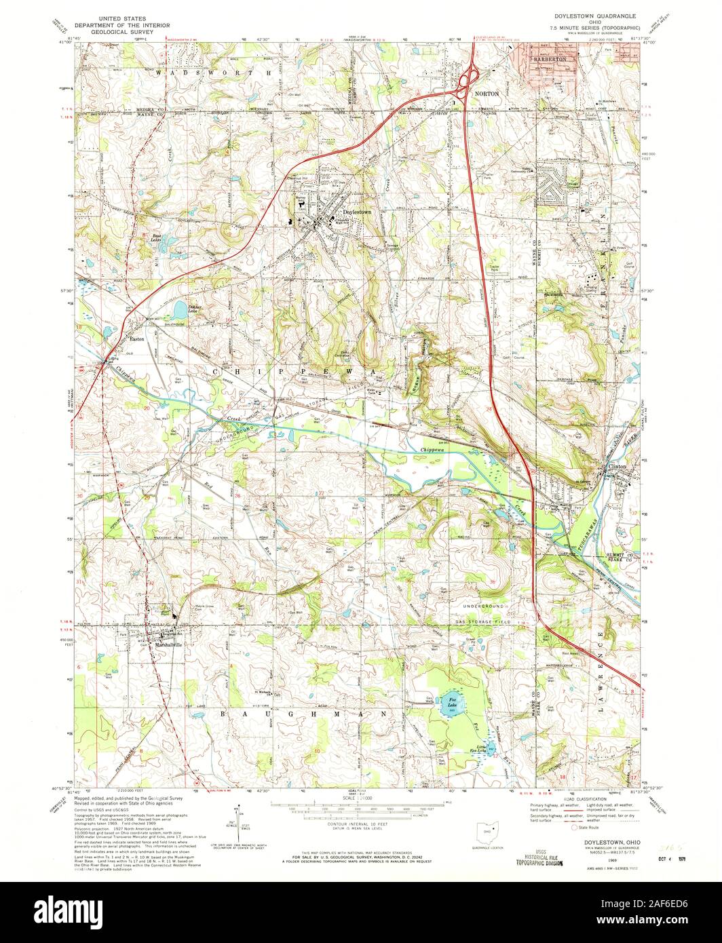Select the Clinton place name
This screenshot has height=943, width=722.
(617, 467)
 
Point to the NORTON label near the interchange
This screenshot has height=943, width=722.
(487, 92)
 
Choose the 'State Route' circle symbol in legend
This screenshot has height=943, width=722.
(579, 828)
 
